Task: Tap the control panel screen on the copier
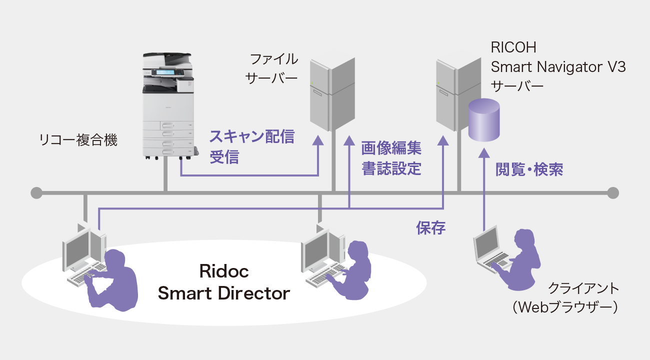pos(165,73)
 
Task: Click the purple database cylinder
pos(483,120)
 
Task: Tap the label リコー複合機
pos(78,140)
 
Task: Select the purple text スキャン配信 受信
pos(251,146)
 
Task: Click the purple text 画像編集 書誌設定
pos(391,158)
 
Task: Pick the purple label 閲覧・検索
pos(529,169)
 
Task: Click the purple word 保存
pos(430,228)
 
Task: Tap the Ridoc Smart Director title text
pos(223,282)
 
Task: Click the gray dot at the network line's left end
pos(36,192)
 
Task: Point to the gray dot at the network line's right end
pos(613,192)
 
